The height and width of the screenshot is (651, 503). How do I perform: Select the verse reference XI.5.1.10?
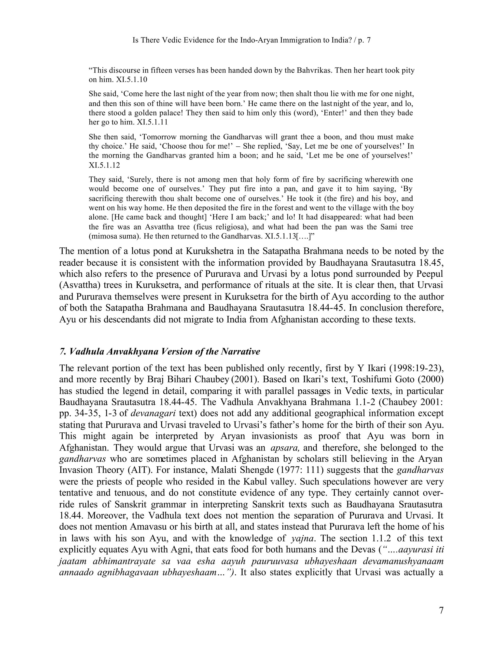coord(130,80)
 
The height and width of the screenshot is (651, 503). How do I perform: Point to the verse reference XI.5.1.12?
coord(104,165)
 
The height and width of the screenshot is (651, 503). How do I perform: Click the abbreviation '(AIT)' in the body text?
coord(140,470)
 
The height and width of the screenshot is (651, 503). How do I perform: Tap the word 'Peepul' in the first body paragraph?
coord(429,274)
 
